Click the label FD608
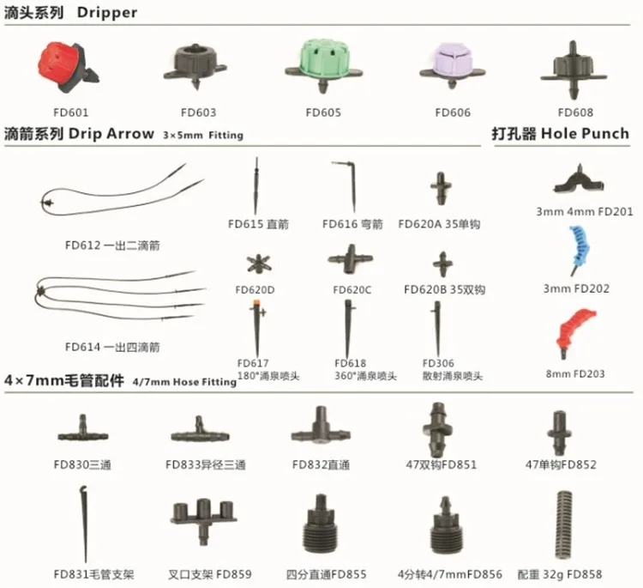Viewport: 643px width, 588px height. tap(575, 112)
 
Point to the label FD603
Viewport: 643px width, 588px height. tap(198, 112)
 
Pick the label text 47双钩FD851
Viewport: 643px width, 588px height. tap(441, 465)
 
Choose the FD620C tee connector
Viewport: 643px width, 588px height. tap(351, 257)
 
